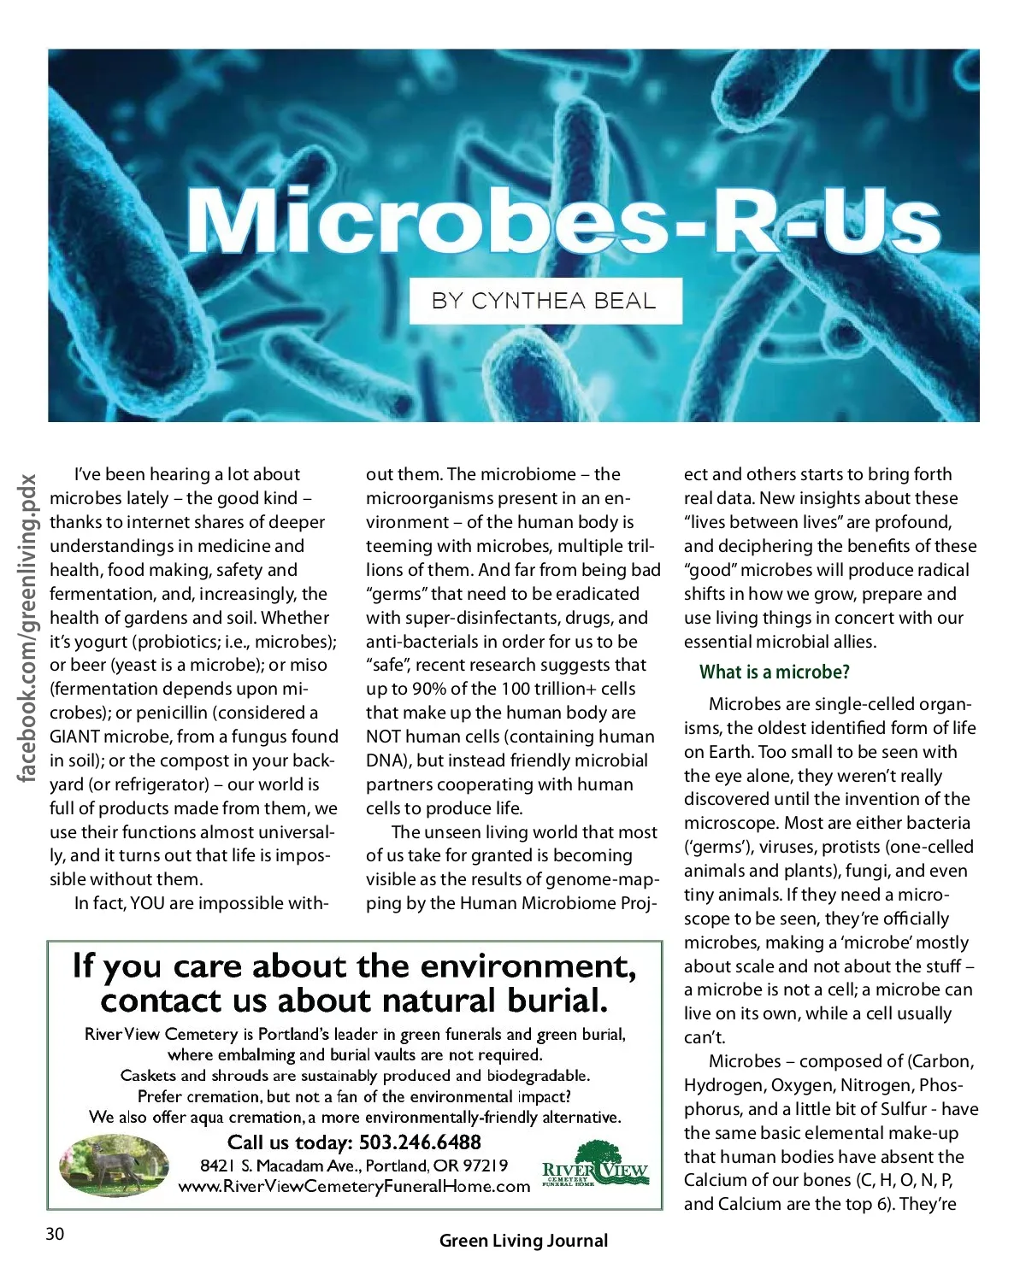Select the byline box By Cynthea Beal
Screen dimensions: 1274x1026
point(545,301)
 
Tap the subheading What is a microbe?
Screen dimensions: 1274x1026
point(774,672)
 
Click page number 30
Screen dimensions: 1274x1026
point(55,1234)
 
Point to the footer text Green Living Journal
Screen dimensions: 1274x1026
point(523,1241)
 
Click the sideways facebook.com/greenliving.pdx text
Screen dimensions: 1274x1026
point(28,628)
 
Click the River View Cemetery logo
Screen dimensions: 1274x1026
point(596,1165)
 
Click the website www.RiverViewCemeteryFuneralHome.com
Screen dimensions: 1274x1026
point(354,1186)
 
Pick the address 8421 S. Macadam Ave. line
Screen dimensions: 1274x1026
point(354,1165)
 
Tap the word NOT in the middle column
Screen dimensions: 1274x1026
point(383,737)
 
